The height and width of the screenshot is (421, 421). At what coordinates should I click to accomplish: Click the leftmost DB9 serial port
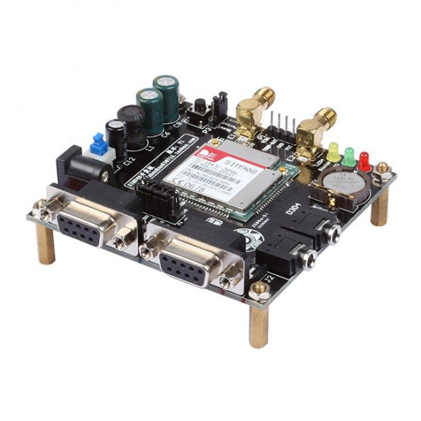tap(83, 222)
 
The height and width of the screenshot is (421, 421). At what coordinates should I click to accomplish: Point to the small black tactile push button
tap(201, 108)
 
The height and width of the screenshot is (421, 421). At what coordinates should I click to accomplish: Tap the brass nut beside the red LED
tap(383, 169)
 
